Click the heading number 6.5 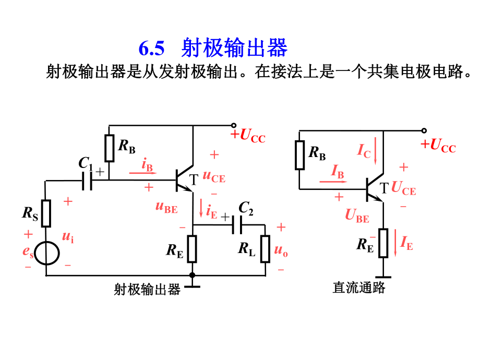(x=152, y=49)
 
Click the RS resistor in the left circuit (x=46, y=213)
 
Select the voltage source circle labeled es (x=46, y=253)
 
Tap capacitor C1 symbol (x=87, y=181)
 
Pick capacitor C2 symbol (x=238, y=225)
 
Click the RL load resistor (x=265, y=249)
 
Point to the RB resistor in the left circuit (x=109, y=148)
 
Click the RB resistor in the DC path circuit (x=299, y=155)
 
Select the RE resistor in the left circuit (x=193, y=249)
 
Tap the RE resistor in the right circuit (x=383, y=243)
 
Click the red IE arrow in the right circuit (x=396, y=244)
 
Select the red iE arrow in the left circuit (x=201, y=209)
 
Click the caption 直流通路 (x=358, y=287)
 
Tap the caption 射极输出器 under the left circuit (x=147, y=289)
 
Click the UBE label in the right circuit (x=357, y=215)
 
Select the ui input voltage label (x=68, y=237)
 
